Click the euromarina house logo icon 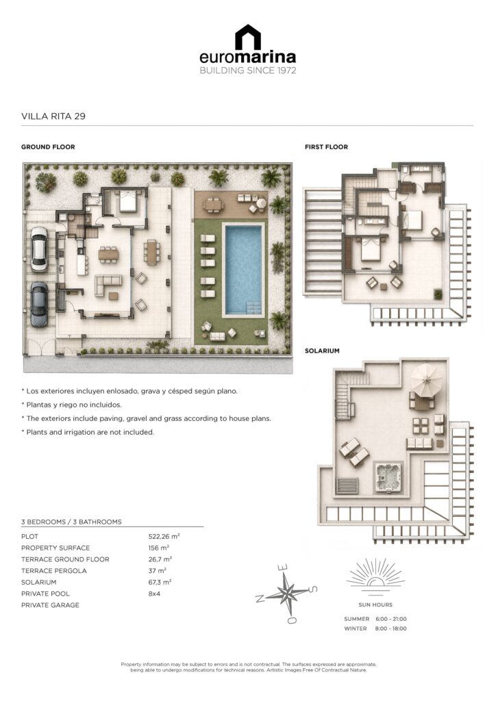[248, 37]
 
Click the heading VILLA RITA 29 [53, 116]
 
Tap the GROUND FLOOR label [48, 146]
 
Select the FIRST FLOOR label [326, 146]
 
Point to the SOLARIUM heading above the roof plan [322, 351]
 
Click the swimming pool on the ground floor [243, 269]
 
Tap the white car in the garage [39, 249]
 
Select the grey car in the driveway [39, 304]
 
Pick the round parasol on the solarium [426, 379]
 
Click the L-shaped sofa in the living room [108, 285]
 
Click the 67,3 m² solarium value [160, 582]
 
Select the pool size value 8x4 [154, 594]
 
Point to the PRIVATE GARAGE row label [50, 605]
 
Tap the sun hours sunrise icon [375, 576]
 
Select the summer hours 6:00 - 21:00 [391, 619]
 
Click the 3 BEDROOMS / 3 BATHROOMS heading [71, 522]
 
